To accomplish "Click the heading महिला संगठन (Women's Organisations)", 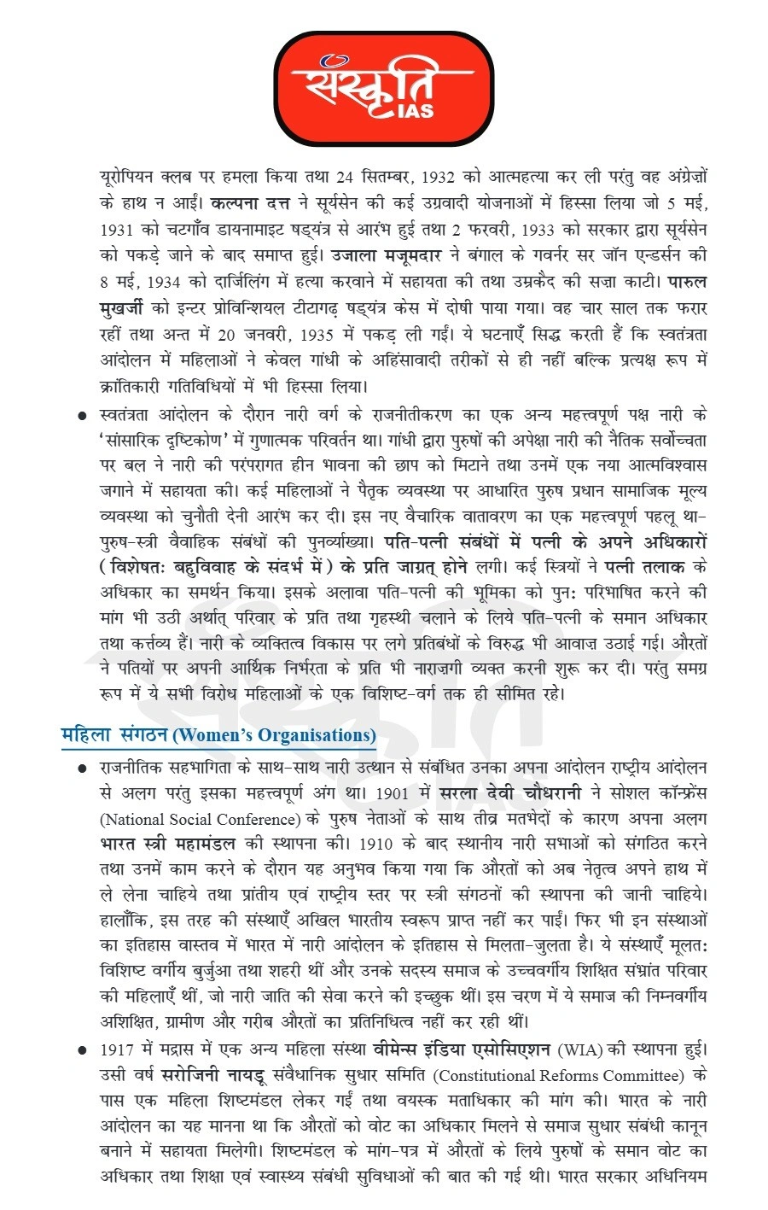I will click(x=218, y=735).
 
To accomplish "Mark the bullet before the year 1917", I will click(x=82, y=1049).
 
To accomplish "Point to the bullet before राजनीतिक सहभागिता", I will click(x=82, y=769).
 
